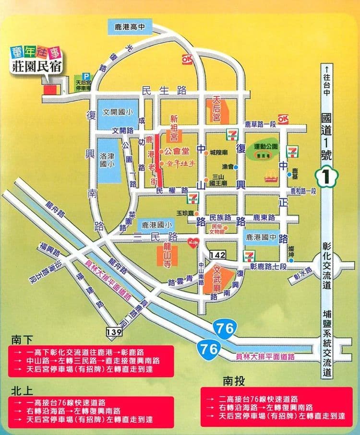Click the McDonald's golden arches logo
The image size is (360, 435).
(272, 177)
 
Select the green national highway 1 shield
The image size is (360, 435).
(327, 177)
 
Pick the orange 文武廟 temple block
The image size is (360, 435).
(219, 280)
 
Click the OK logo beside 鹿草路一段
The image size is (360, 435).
(283, 118)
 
